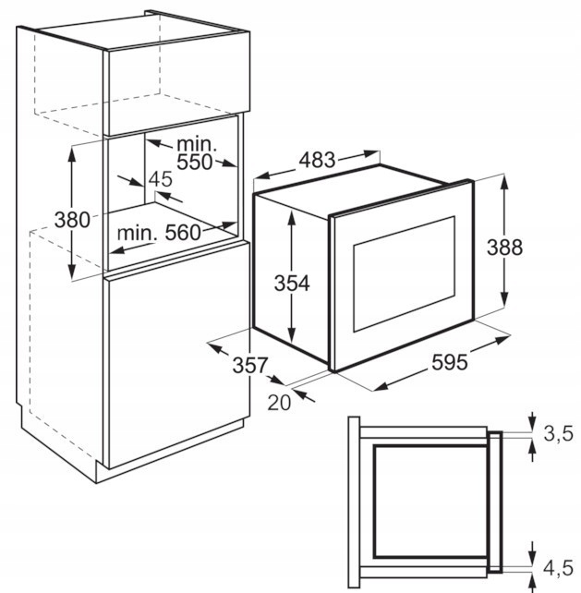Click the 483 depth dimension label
coord(316,159)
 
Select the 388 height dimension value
coord(505,247)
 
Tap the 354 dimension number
coord(291,283)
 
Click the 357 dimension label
coord(249,365)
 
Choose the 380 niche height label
coord(71,220)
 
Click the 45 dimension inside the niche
coord(160,179)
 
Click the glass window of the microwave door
coord(405,272)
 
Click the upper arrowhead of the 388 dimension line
coord(505,177)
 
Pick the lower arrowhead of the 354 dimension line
coord(291,338)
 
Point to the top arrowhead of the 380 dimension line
coord(72,150)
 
